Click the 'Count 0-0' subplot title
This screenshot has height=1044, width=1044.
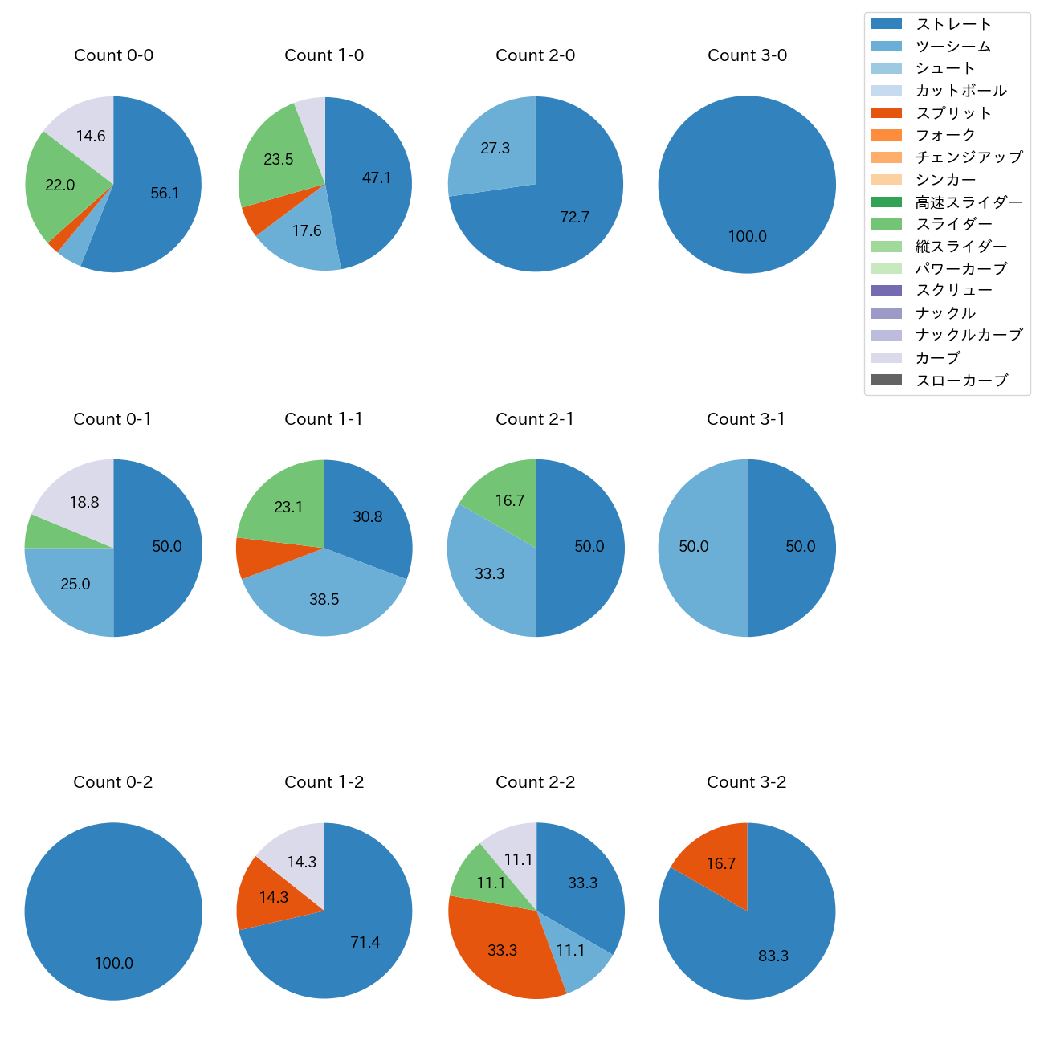[x=113, y=55]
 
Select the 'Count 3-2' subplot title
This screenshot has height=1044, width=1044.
[x=746, y=782]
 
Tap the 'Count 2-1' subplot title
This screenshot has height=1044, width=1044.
[x=535, y=419]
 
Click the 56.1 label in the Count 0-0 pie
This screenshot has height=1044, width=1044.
[x=165, y=194]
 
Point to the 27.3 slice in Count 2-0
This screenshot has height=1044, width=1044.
[x=495, y=149]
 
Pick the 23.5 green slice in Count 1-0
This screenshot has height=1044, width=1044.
[x=278, y=160]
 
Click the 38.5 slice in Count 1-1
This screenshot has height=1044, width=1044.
[x=324, y=599]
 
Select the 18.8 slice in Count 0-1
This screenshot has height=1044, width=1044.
[x=84, y=503]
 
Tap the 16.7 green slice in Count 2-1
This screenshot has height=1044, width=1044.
[x=509, y=501]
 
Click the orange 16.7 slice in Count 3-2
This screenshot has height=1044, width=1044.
[x=720, y=864]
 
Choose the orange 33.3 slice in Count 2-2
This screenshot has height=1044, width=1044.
[x=503, y=951]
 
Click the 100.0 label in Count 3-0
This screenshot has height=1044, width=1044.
[x=747, y=237]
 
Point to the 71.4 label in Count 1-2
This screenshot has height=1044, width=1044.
[x=365, y=943]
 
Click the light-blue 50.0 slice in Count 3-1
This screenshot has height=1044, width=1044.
[x=694, y=547]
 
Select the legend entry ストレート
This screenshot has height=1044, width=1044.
[x=953, y=24]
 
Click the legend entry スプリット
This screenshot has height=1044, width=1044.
[x=953, y=113]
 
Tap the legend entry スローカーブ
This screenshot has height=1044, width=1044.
[x=961, y=381]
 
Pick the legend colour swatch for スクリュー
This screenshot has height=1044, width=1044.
[x=886, y=291]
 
